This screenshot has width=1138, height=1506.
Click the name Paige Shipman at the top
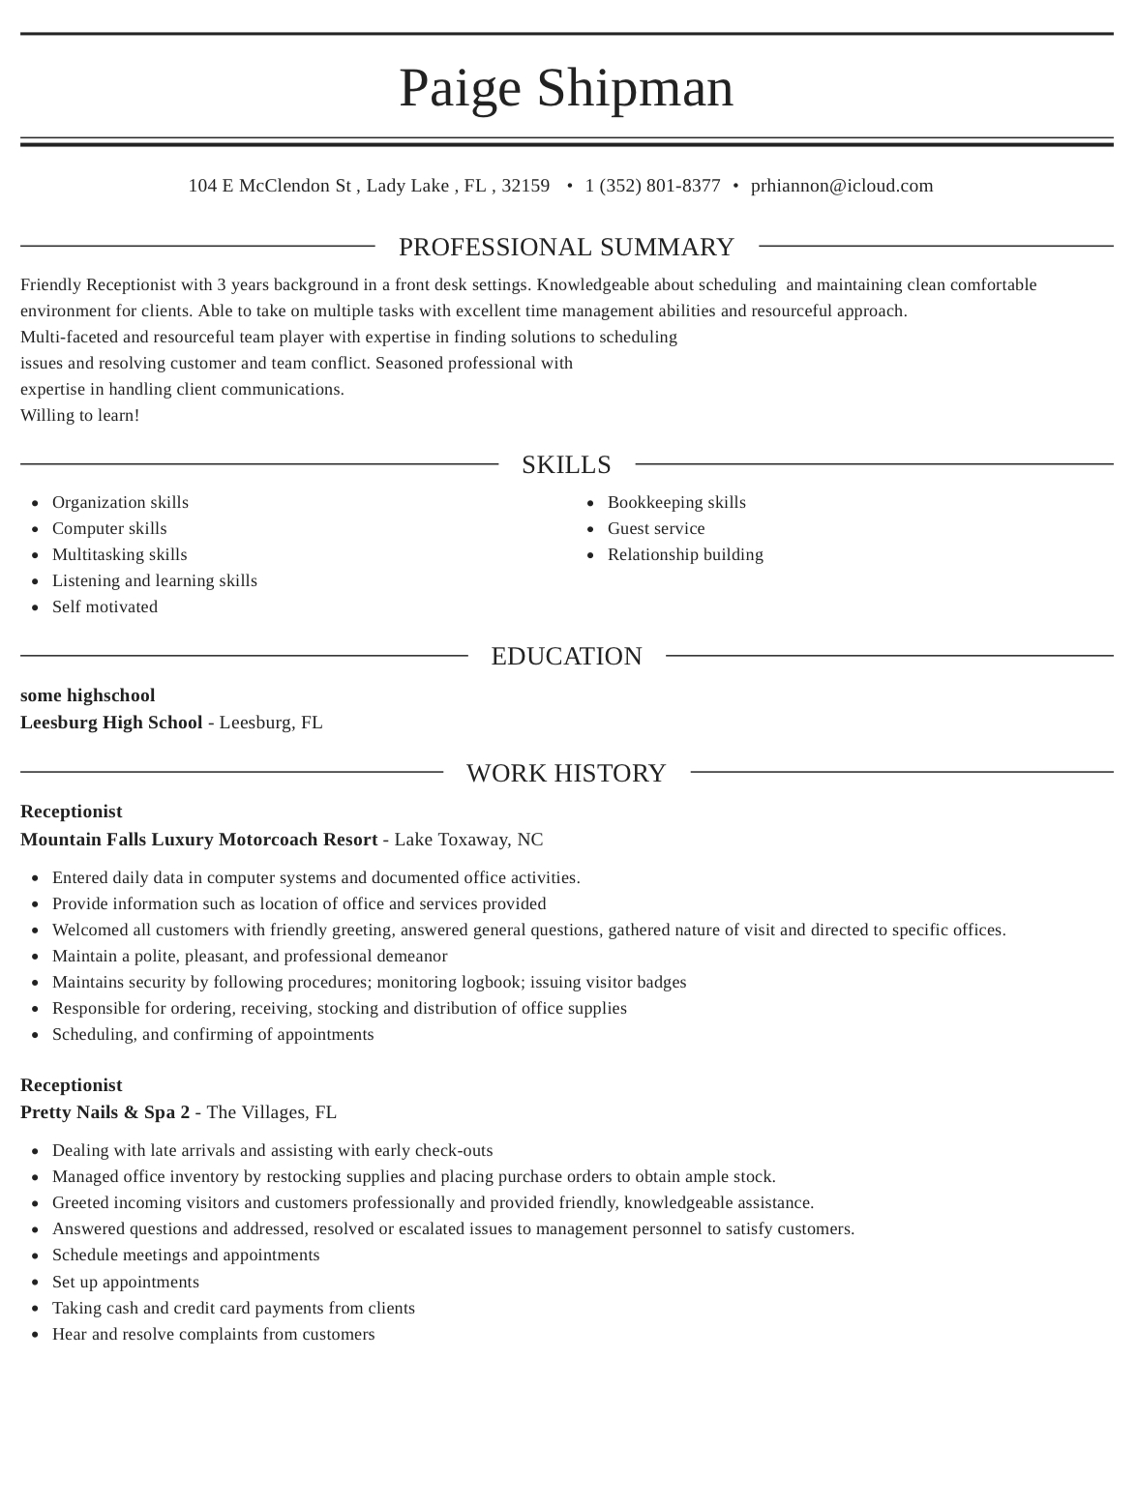(566, 88)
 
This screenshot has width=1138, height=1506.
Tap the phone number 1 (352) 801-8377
(652, 186)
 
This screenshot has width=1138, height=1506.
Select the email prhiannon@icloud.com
(842, 186)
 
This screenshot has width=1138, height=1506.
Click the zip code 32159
(525, 186)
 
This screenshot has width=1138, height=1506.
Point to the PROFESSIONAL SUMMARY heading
(566, 248)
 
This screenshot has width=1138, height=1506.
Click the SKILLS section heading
(566, 465)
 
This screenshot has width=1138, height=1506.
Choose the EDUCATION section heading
(566, 657)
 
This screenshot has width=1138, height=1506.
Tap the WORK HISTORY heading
(566, 774)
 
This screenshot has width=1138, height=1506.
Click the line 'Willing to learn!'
(80, 416)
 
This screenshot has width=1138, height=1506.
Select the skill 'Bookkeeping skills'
(676, 503)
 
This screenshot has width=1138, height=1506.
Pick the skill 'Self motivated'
(105, 607)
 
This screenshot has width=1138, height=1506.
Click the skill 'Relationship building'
(685, 555)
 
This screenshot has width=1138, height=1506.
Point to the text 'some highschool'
(87, 695)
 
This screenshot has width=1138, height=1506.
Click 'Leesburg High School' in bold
(111, 723)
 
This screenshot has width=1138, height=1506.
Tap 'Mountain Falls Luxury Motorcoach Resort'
(198, 840)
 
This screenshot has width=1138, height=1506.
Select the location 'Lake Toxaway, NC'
(468, 840)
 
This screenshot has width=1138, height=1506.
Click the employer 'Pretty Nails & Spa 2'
(105, 1112)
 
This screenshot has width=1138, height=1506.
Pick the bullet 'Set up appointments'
(126, 1283)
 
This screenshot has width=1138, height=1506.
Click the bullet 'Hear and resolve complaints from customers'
(213, 1335)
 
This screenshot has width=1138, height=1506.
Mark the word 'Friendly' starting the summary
(50, 285)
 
